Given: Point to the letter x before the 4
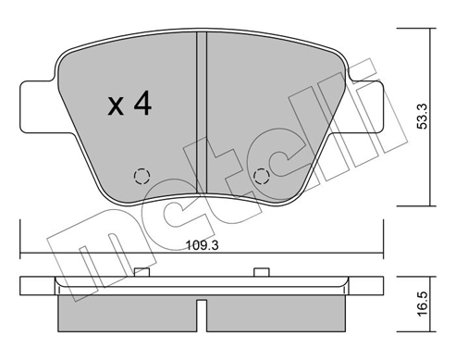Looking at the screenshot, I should (x=115, y=107).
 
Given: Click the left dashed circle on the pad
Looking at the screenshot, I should (x=142, y=176).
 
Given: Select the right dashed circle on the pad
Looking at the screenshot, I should (x=262, y=176).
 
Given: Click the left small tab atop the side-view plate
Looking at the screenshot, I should (x=142, y=271).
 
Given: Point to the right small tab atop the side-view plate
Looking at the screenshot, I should (x=262, y=271).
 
